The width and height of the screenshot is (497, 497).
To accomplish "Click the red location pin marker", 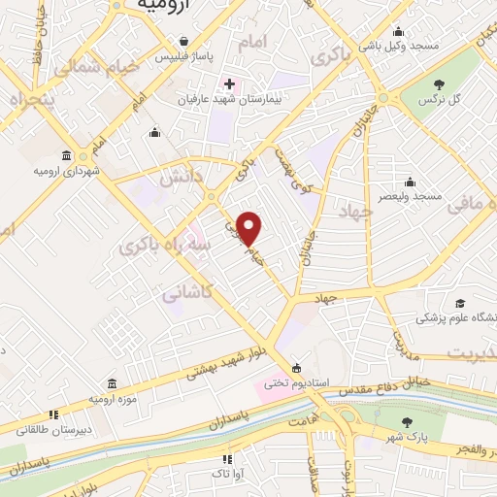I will (x=249, y=228).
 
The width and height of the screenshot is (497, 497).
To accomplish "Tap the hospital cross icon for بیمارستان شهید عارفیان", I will (x=228, y=84).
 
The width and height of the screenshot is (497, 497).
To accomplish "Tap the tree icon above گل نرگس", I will (x=440, y=85).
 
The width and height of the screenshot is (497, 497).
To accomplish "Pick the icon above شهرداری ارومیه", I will (x=65, y=156).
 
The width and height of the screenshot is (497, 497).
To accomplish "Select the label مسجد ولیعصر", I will (x=412, y=195).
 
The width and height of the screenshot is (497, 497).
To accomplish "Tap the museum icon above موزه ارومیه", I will (x=112, y=383).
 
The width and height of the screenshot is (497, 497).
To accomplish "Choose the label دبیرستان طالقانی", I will (x=57, y=427).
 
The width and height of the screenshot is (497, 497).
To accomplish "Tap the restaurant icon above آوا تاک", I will (x=228, y=459).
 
